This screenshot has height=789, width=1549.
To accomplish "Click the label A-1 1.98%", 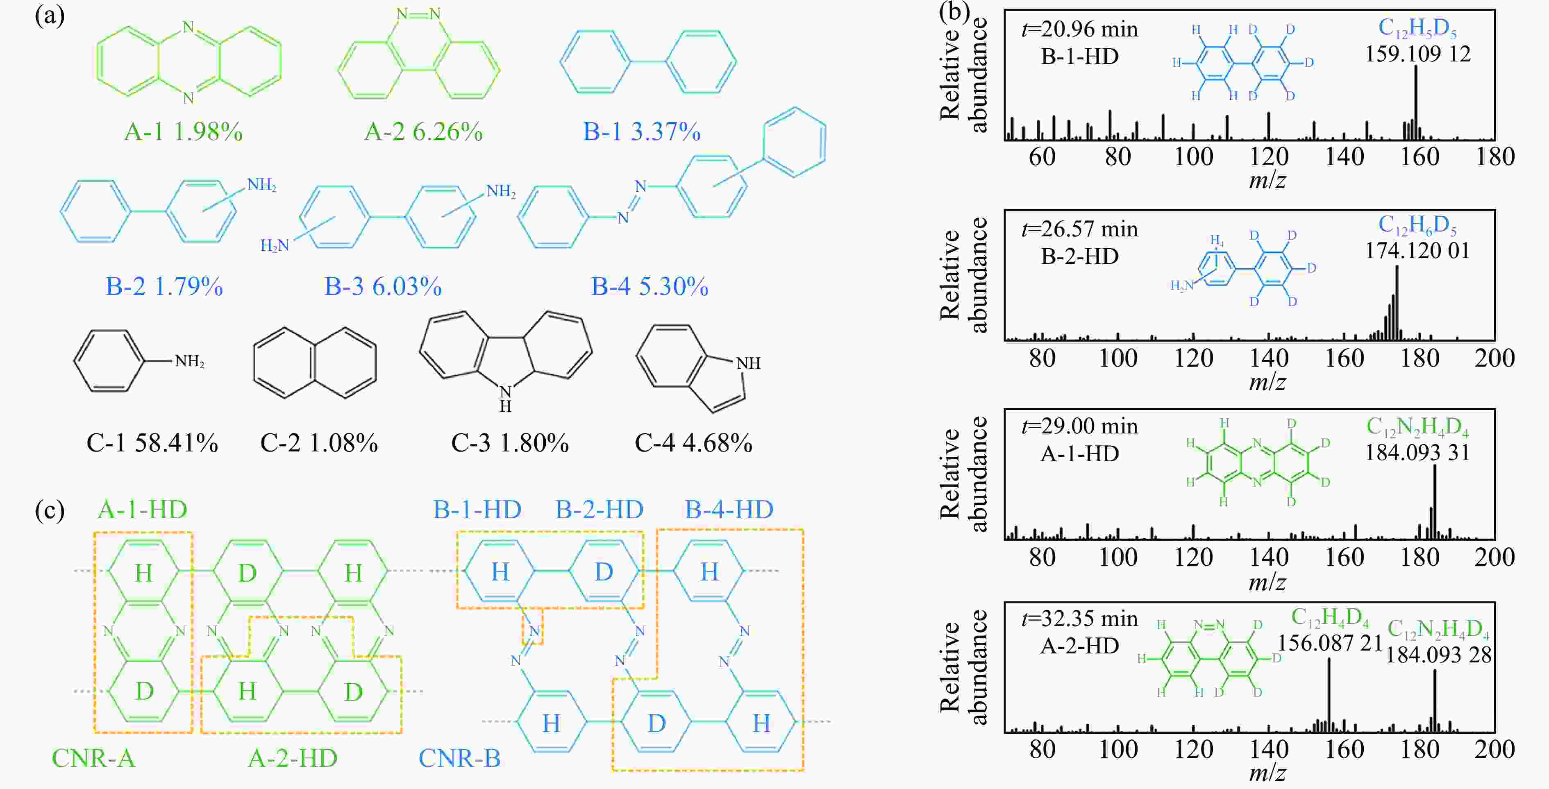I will pos(184,131).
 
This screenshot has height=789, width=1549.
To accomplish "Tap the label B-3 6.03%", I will pos(383,287).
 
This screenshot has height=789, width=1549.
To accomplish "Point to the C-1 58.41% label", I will pos(152,444).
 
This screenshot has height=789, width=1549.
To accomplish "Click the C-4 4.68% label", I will pos(693,444).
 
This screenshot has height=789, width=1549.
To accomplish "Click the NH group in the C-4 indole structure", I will pos(748,363).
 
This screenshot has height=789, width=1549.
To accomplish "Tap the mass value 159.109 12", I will pos(1417,54).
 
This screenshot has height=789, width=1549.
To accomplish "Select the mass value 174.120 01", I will pos(1417,251).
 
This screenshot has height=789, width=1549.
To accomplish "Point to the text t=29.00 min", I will pos(1079,426).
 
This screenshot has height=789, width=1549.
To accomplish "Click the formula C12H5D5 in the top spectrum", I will pos(1417,27).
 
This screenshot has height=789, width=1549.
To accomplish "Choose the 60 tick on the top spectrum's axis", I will pos(1042,157).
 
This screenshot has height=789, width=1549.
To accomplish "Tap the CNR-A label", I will pos(93,758).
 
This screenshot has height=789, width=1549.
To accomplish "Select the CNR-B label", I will pos(459,758).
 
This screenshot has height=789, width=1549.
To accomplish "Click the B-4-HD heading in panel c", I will pos(729,510).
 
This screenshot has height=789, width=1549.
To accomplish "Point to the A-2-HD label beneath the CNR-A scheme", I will pos(293,758).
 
